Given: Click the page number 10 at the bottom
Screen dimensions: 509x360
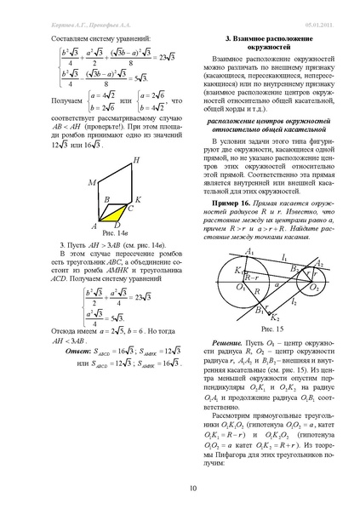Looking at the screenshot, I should pyautogui.click(x=180, y=488).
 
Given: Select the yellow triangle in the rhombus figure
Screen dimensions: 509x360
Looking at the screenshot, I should pyautogui.click(x=113, y=209).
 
